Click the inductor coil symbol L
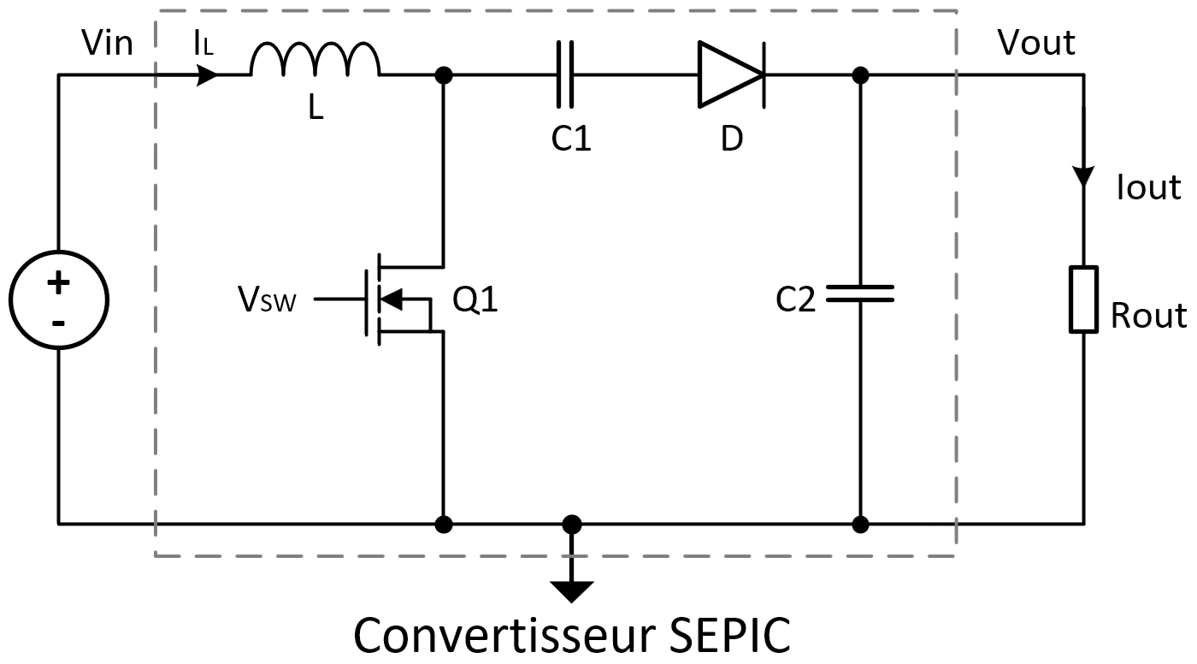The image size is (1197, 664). coord(315,62)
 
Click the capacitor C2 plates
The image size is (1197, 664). coord(860,293)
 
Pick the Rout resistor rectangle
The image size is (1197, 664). coord(1083,299)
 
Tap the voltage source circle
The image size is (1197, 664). coord(58,299)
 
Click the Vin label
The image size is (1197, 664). coord(107,42)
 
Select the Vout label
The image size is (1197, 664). coord(1036,42)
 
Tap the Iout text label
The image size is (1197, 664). coord(1148,187)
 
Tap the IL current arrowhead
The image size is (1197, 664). coord(208,75)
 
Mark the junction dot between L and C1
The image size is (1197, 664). coord(443,75)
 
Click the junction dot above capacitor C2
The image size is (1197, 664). coord(860,75)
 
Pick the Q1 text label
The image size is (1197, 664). coord(475,300)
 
